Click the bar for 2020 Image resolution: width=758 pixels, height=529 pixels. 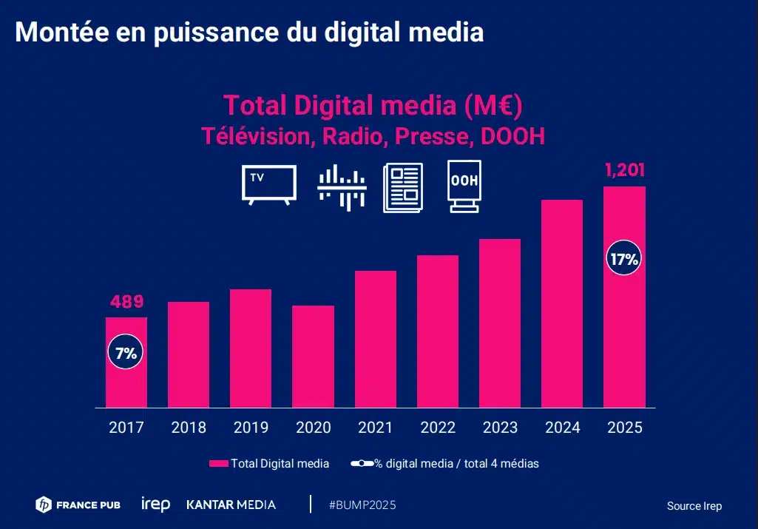coord(313,356)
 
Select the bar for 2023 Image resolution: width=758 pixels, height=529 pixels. coord(500,323)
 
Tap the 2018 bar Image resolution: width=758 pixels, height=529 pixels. coord(189,354)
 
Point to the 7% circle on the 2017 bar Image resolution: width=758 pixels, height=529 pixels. coord(126,353)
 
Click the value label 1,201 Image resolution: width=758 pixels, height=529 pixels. coord(625,171)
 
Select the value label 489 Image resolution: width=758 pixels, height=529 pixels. coord(126,302)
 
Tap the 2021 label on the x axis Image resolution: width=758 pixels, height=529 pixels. coord(376,428)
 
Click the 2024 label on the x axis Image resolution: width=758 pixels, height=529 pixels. coord(562,428)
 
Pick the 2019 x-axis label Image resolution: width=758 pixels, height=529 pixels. coord(251,428)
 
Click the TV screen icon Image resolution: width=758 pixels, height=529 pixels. coord(269,184)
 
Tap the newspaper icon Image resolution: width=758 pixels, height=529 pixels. coord(402,188)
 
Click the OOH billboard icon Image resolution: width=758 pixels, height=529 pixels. coord(464,186)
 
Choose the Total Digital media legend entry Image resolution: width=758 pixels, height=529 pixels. coord(269,464)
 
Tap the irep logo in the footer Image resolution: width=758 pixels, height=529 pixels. coord(155,505)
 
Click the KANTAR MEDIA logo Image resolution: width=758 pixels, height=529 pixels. coord(231,505)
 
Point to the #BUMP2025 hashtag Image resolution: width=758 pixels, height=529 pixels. coord(362,505)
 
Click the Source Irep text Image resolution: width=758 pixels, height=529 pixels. coord(694,506)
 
